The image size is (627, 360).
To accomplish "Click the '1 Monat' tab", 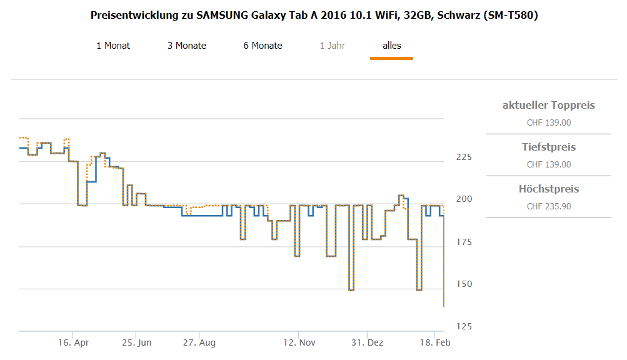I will pos(113,46).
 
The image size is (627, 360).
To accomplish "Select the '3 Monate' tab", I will pos(186,46).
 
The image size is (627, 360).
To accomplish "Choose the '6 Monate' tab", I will pos(263,46).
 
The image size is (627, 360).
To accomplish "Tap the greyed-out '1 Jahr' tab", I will pos(332,46).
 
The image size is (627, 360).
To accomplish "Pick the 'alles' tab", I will pos(391,46).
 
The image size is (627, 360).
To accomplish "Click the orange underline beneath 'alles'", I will pos(391,58).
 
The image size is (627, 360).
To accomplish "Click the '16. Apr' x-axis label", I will pos(74,343).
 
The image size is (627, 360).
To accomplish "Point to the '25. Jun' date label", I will pos(137,343).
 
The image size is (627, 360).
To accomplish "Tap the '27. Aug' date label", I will pos(199,343).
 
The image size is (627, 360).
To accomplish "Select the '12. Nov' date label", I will pos(299,343).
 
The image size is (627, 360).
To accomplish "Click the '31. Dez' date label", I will pos(368,343).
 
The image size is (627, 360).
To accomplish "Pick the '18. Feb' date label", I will pos(434,343).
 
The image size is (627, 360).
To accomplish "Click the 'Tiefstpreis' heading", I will pos(548,147).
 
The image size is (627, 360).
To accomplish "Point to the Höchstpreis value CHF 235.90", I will pos(548,206).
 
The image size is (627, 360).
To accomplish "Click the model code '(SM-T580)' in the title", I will pos(511,15).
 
